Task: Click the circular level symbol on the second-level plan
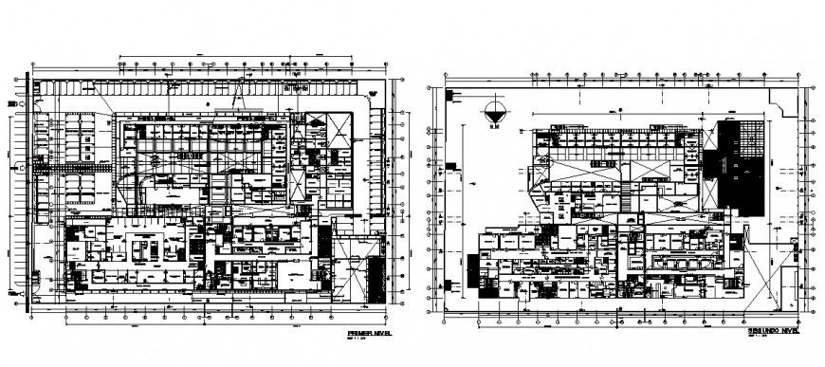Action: coord(492,110)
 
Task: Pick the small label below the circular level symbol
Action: coord(492,124)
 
